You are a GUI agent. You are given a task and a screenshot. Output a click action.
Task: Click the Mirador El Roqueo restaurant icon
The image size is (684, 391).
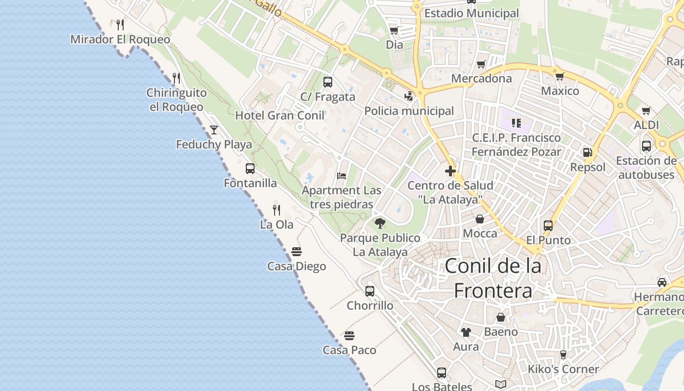click(x=120, y=24)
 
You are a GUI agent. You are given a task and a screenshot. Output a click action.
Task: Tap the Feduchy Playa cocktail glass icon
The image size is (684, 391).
click(x=214, y=130)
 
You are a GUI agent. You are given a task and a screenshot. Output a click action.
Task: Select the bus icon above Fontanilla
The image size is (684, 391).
click(x=250, y=169)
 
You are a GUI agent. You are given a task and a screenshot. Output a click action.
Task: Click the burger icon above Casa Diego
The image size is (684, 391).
click(x=297, y=252)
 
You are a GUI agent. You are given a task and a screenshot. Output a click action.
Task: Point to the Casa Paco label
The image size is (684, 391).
click(x=349, y=350)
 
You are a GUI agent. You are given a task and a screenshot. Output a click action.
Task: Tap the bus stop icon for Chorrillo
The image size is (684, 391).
click(x=370, y=291)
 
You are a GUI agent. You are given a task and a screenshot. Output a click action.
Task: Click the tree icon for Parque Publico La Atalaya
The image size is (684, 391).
click(x=380, y=224)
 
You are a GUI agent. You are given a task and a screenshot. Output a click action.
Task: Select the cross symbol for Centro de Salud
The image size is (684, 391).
click(x=450, y=171)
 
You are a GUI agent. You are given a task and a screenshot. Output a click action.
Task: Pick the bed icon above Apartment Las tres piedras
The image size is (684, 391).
click(x=342, y=176)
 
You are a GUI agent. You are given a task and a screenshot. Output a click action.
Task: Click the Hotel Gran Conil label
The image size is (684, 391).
click(x=280, y=115)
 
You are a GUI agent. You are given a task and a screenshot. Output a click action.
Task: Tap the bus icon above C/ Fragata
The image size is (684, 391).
click(x=328, y=82)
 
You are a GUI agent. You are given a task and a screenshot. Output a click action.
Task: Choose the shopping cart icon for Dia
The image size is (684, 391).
click(x=394, y=30)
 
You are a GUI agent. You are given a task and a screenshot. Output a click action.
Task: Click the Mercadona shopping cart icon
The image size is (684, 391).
click(x=481, y=64)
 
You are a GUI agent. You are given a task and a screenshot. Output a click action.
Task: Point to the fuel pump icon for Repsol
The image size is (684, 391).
click(x=588, y=152)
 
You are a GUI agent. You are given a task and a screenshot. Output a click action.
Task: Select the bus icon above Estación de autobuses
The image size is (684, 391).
click(x=646, y=146)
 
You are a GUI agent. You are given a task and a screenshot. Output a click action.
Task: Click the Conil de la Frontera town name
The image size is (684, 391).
click(x=493, y=278)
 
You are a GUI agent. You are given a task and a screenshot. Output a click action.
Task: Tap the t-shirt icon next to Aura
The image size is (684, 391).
click(x=466, y=332)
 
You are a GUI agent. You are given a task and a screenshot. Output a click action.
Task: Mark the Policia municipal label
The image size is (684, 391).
click(x=409, y=111)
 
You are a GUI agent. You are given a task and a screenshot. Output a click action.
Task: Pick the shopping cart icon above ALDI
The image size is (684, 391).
click(x=646, y=110)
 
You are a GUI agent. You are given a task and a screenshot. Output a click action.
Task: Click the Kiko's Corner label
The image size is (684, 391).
click(x=563, y=369)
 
